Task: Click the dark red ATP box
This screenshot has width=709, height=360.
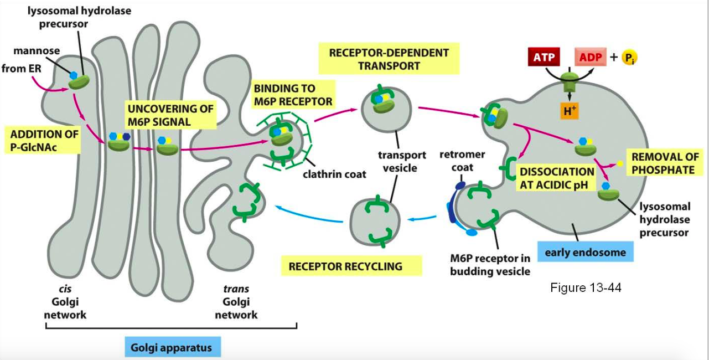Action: [x=545, y=57]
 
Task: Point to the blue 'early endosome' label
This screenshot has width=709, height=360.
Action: [x=585, y=253]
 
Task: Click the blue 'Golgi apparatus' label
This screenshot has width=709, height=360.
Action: [x=172, y=348]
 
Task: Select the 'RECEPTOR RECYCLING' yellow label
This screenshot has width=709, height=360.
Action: [x=345, y=266]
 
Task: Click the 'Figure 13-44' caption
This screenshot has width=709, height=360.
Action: [x=586, y=288]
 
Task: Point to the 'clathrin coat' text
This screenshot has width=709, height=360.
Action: [x=334, y=174]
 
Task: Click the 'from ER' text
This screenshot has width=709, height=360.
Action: [x=20, y=69]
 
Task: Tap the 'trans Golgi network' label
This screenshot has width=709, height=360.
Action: [x=236, y=302]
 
